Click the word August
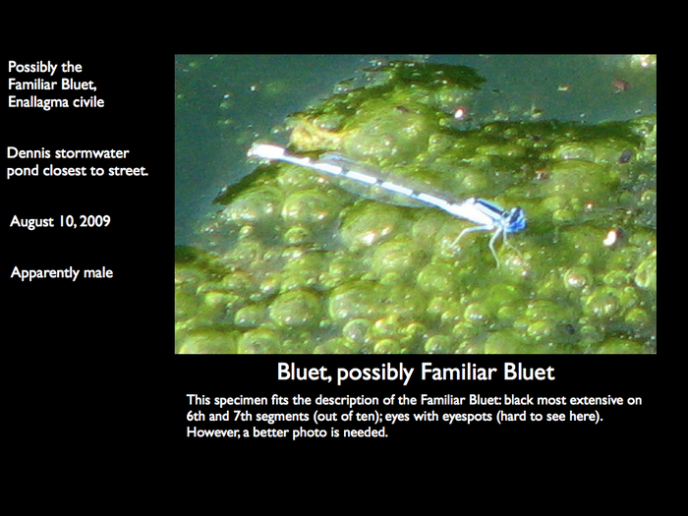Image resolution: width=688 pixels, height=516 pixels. click(31, 221)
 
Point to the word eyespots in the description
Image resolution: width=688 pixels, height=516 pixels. click(467, 417)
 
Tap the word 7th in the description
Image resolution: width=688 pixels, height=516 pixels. click(242, 416)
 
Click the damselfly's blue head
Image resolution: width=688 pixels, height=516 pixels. click(515, 218)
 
